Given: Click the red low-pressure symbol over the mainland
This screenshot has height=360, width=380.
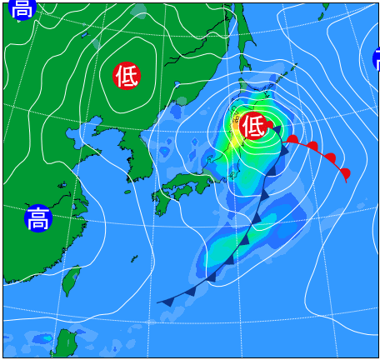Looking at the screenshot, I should [127, 76].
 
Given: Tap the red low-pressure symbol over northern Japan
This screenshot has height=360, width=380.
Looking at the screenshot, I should [254, 126].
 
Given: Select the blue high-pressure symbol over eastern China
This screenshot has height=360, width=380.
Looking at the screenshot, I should [37, 219].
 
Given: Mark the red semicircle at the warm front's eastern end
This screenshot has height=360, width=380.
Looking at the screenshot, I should [345, 172].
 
